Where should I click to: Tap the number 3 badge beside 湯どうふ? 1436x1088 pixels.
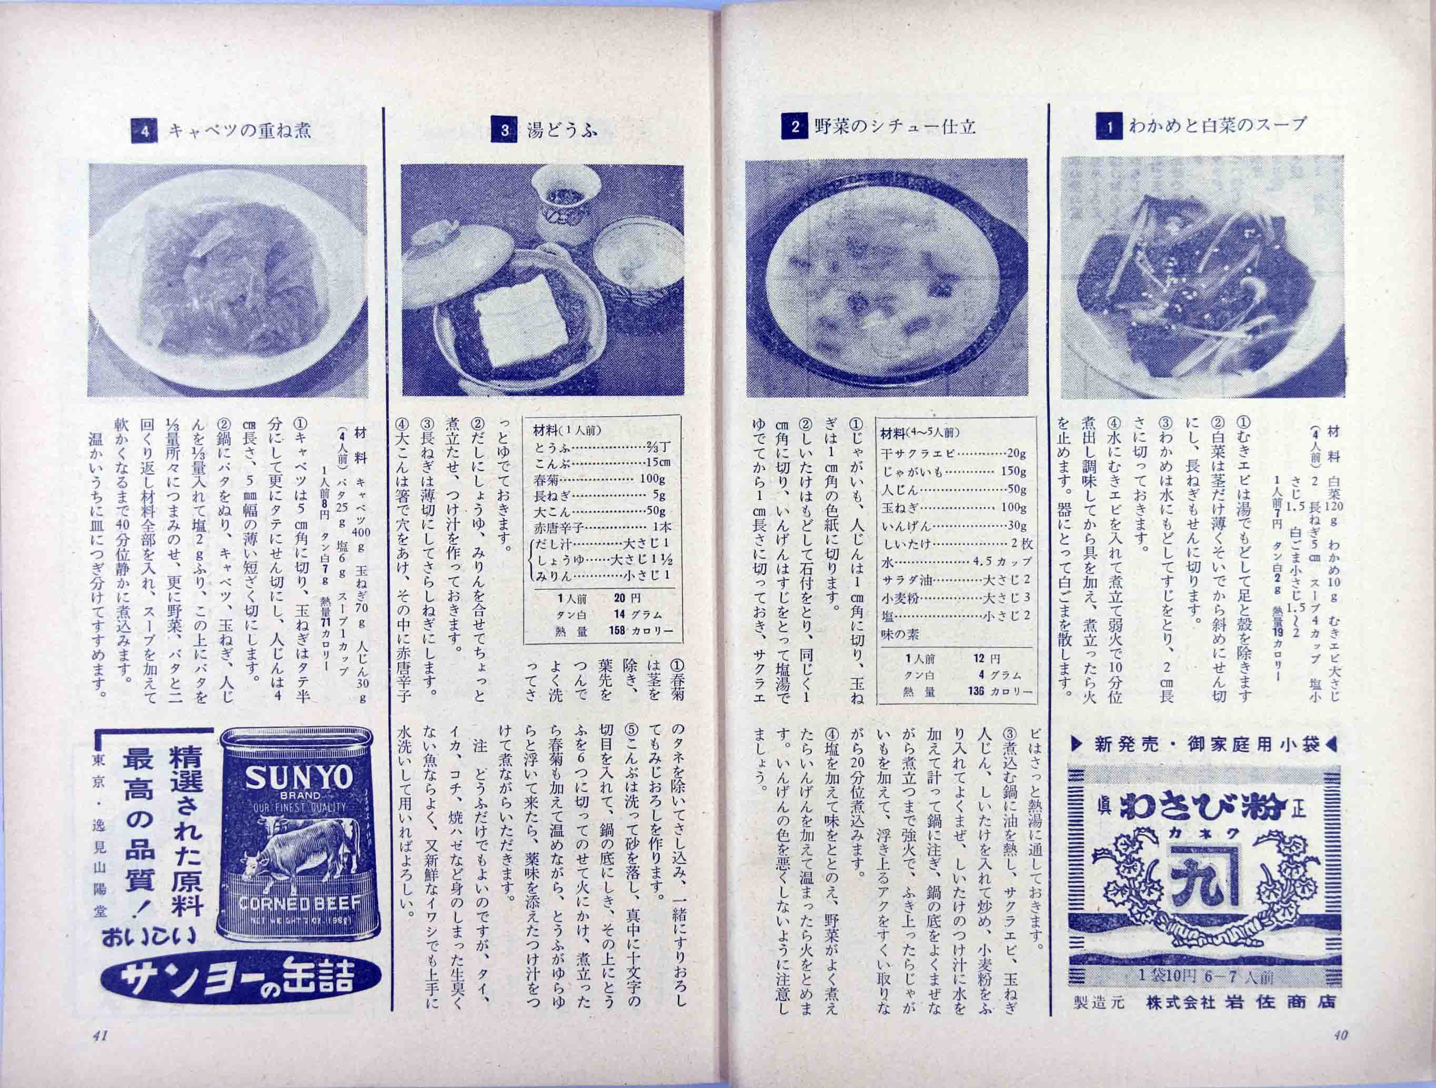pyautogui.click(x=505, y=130)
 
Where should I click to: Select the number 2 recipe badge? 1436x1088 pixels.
pyautogui.click(x=795, y=127)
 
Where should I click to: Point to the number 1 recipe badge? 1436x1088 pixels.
pyautogui.click(x=1109, y=127)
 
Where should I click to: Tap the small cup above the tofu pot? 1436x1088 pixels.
pyautogui.click(x=564, y=195)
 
